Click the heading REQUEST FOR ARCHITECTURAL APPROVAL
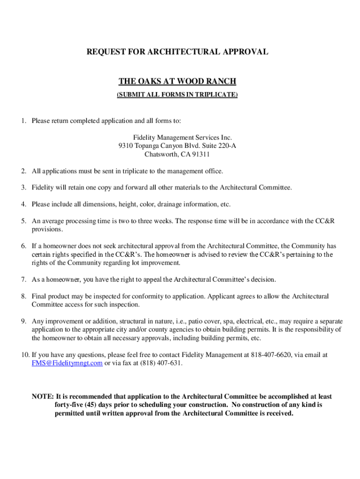pos(177,52)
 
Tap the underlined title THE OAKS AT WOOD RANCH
pos(177,82)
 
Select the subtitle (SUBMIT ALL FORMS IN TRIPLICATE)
pos(177,95)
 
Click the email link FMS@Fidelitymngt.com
pos(67,363)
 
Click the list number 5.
pos(23,221)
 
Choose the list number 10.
pos(24,355)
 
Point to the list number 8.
pos(23,297)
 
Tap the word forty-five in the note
pos(68,405)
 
